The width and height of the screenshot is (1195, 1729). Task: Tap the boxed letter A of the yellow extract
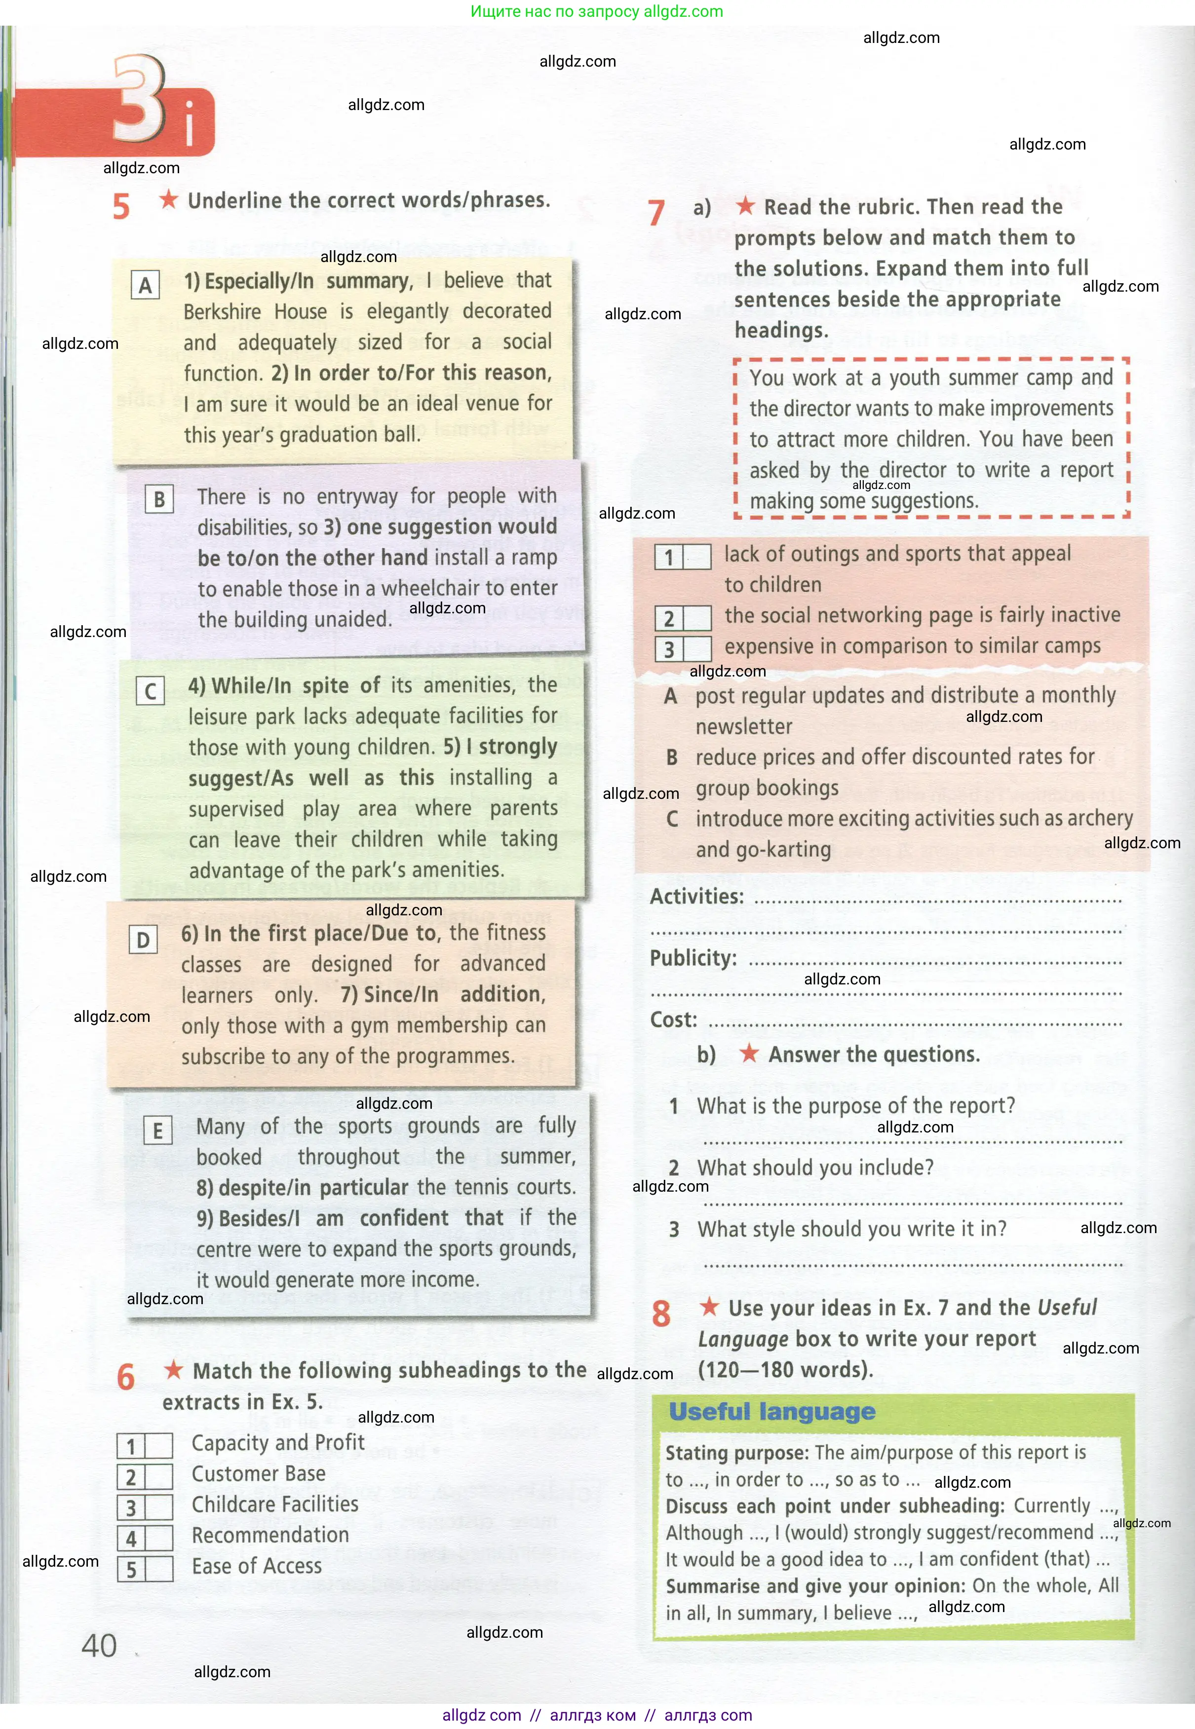click(x=145, y=285)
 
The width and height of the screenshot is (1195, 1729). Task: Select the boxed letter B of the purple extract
click(x=159, y=499)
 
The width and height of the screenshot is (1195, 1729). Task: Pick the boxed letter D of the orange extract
click(x=143, y=940)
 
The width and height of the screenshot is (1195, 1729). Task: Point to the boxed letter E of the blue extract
click(x=157, y=1130)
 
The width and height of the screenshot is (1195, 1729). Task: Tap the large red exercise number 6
click(x=126, y=1378)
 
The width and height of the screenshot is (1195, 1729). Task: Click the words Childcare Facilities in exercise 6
click(x=275, y=1504)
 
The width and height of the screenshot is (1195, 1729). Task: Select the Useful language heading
click(x=772, y=1412)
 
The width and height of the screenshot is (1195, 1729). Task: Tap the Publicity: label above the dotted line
click(x=693, y=958)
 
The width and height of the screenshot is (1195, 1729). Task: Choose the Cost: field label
click(x=673, y=1019)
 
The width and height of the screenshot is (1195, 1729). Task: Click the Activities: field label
click(x=696, y=897)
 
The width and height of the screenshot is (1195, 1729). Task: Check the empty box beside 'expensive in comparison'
click(x=697, y=648)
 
